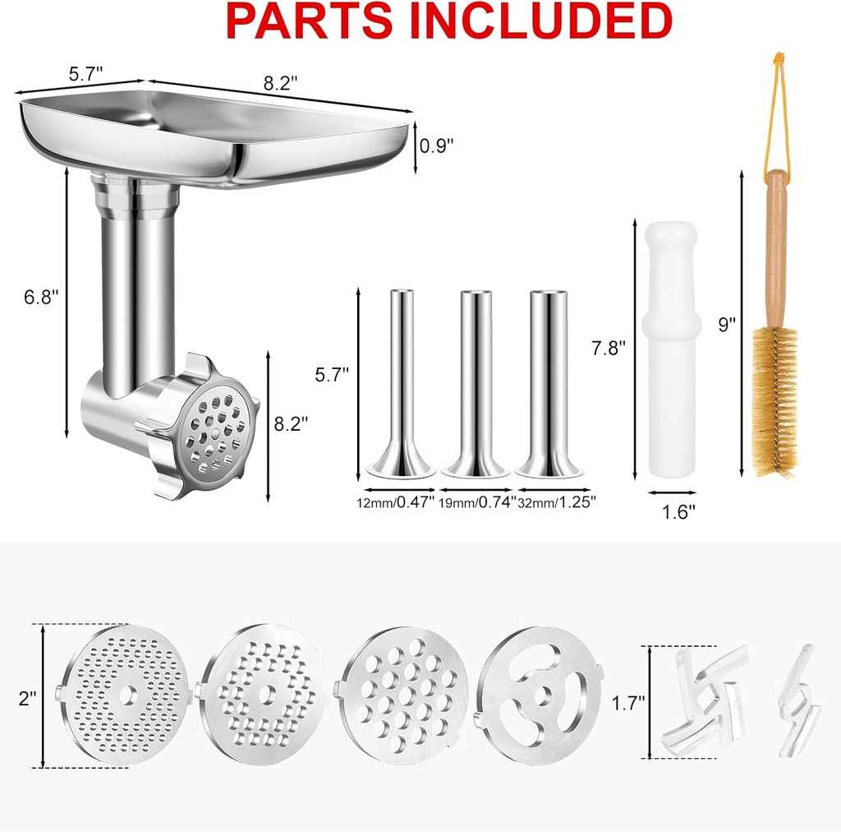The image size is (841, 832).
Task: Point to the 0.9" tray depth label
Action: pos(436,146)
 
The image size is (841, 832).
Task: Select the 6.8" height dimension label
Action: pos(41,297)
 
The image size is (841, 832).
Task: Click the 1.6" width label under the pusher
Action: pos(678,511)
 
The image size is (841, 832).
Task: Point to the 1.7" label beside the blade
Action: pos(628,703)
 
